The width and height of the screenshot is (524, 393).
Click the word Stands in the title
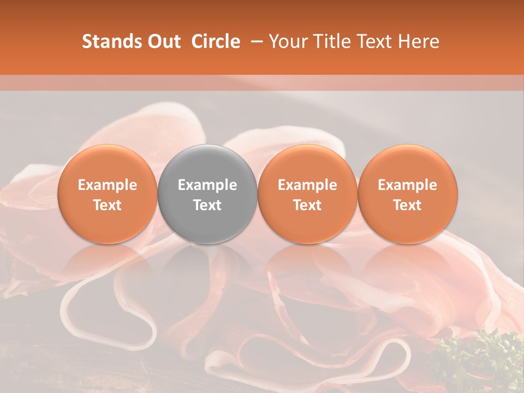111,41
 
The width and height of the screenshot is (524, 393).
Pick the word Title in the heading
330,41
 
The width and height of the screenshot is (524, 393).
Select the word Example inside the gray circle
207,185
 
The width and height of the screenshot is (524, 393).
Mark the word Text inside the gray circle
207,205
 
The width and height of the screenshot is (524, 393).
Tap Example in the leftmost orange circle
108,185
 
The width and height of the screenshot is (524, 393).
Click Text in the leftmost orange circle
108,205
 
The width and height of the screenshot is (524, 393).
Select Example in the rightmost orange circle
408,185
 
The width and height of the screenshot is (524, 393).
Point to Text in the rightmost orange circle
408,205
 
